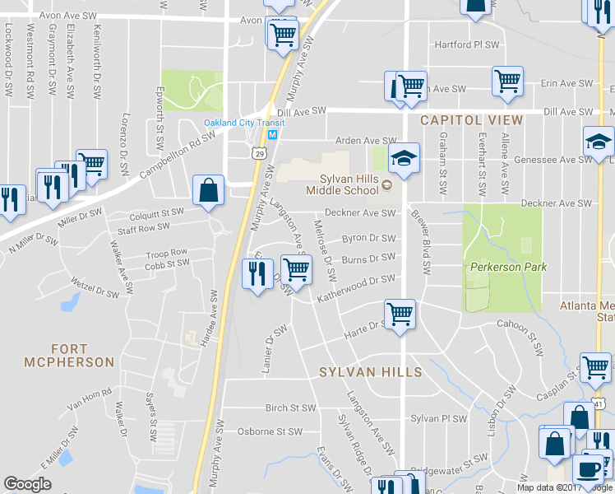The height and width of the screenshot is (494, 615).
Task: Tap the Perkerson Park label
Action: click(508, 267)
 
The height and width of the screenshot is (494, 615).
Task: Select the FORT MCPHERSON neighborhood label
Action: click(69, 355)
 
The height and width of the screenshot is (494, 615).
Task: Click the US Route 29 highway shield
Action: click(258, 152)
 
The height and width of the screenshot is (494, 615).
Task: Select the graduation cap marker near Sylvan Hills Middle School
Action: click(404, 158)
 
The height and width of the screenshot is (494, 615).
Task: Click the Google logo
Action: click(27, 484)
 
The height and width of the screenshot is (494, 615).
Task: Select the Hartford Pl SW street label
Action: click(467, 44)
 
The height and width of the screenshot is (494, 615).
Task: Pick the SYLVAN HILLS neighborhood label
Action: click(371, 372)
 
